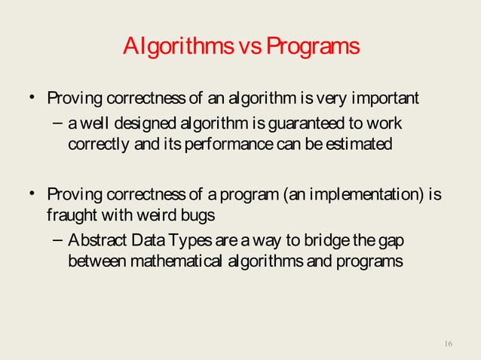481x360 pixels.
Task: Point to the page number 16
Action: coord(449,343)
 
